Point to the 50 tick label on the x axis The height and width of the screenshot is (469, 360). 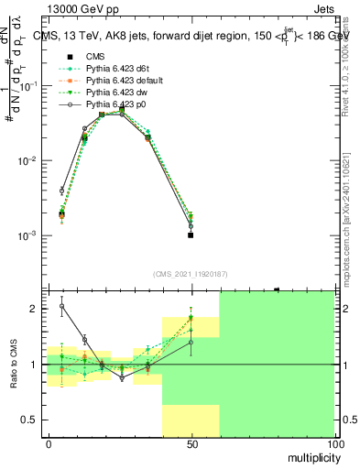(x=191, y=443)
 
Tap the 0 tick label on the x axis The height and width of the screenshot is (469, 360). (x=49, y=443)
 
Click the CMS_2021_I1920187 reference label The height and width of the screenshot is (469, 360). (x=191, y=273)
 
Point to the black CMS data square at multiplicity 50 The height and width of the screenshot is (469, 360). (x=191, y=234)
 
